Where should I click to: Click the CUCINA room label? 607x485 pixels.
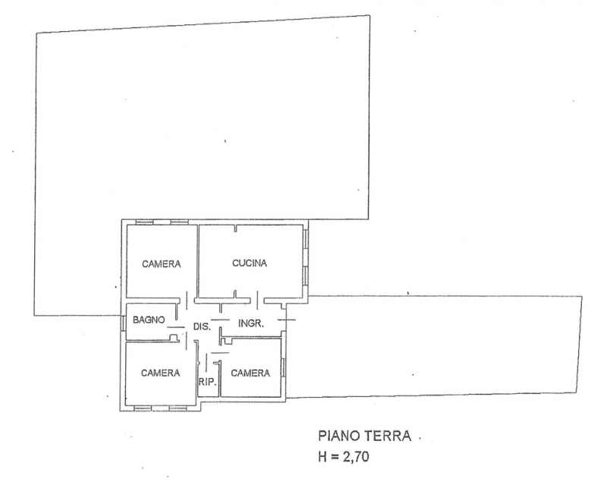(250, 263)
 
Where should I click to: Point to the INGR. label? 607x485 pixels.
(250, 323)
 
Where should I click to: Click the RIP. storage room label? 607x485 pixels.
(208, 382)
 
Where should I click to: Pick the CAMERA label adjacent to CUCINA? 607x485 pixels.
(162, 264)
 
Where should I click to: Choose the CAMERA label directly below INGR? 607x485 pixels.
(250, 373)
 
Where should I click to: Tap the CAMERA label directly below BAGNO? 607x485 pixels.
(160, 373)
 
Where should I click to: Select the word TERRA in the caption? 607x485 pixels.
(389, 436)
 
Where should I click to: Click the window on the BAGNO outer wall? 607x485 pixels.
(123, 322)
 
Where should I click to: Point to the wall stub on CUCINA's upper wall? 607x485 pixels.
(237, 228)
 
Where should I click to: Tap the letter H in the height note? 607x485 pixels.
(321, 458)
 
